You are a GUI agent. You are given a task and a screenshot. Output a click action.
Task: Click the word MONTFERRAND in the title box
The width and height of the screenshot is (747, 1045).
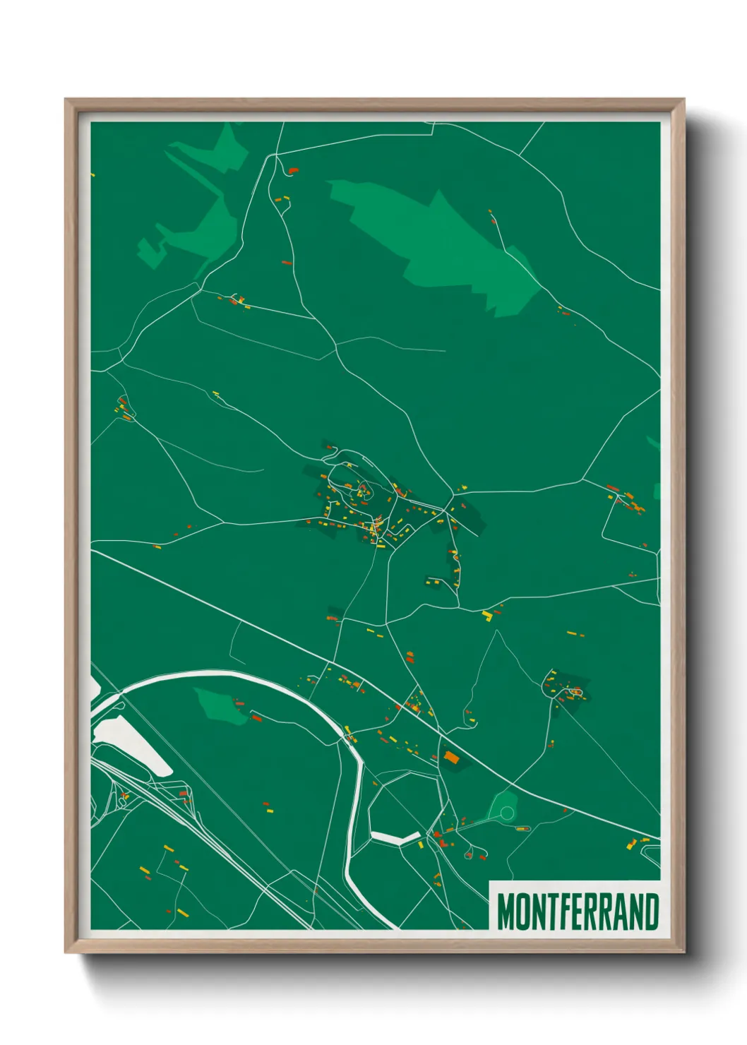click(578, 912)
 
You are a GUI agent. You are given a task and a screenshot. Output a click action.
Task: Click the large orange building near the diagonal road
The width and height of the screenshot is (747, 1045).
click(450, 758)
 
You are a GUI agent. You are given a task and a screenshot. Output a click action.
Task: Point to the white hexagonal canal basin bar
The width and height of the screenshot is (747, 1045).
click(395, 838)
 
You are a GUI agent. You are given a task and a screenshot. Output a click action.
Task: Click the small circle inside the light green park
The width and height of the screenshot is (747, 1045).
click(506, 813)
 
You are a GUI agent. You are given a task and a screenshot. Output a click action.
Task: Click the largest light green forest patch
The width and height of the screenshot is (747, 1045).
click(438, 240)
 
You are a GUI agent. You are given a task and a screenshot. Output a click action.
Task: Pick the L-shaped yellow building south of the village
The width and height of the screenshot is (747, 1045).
click(486, 615)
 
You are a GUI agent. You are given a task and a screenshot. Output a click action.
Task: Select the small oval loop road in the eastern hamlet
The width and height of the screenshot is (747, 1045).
click(576, 693)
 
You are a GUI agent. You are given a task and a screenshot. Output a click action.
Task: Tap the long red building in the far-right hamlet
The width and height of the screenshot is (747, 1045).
click(612, 486)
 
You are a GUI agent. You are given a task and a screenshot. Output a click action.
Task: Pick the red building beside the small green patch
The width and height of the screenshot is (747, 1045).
click(256, 717)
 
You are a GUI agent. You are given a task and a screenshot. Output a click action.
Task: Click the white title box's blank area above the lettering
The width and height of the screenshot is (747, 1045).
click(575, 887)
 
